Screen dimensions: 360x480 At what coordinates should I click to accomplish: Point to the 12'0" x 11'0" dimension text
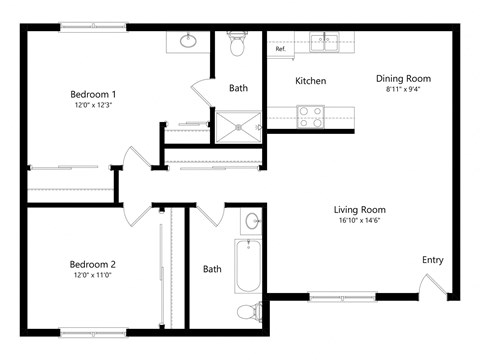pos(92,276)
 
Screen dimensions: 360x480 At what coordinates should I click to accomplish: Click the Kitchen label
pos(310,81)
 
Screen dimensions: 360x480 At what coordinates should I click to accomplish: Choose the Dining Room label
pos(403,78)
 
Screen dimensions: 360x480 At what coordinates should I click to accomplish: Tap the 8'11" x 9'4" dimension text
pos(403,90)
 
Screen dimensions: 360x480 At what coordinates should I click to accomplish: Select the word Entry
pos(432,260)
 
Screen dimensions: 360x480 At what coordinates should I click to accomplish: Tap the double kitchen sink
pos(324,42)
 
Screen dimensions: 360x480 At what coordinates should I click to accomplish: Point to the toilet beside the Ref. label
pos(238,45)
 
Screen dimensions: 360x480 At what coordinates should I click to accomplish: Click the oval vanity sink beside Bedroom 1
pos(188,41)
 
